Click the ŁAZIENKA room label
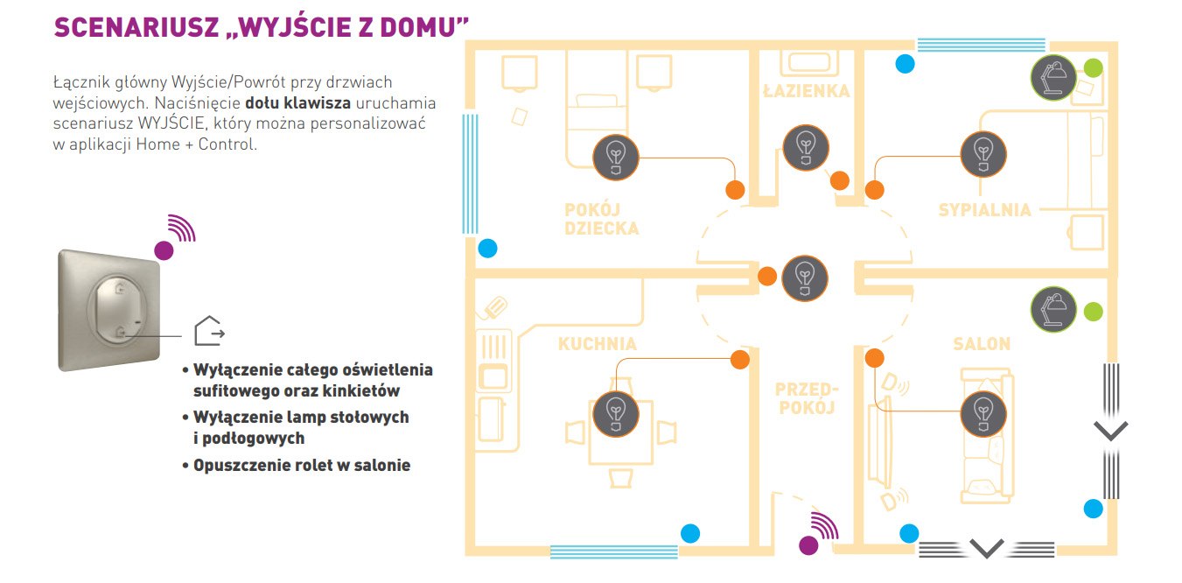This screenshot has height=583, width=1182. pyautogui.click(x=805, y=90)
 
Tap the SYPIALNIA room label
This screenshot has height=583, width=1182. pyautogui.click(x=984, y=210)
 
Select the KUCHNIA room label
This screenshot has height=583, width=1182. pyautogui.click(x=598, y=344)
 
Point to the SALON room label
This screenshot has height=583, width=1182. pyautogui.click(x=982, y=344)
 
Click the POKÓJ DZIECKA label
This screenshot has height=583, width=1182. pyautogui.click(x=601, y=219)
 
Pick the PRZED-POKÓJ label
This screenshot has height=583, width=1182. pyautogui.click(x=807, y=397)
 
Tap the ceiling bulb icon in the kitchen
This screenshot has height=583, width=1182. pyautogui.click(x=615, y=411)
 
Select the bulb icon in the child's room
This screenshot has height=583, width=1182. pyautogui.click(x=616, y=157)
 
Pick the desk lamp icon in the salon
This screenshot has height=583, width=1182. pyautogui.click(x=1053, y=310)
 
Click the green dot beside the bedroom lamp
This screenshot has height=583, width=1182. pyautogui.click(x=1094, y=67)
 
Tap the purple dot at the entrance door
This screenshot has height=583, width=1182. pyautogui.click(x=809, y=545)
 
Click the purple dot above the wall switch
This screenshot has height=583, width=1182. pyautogui.click(x=164, y=250)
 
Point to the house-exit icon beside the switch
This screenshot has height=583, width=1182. pyautogui.click(x=208, y=331)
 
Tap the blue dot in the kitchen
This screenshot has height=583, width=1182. pyautogui.click(x=690, y=532)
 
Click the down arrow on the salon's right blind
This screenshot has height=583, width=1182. pyautogui.click(x=1110, y=430)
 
